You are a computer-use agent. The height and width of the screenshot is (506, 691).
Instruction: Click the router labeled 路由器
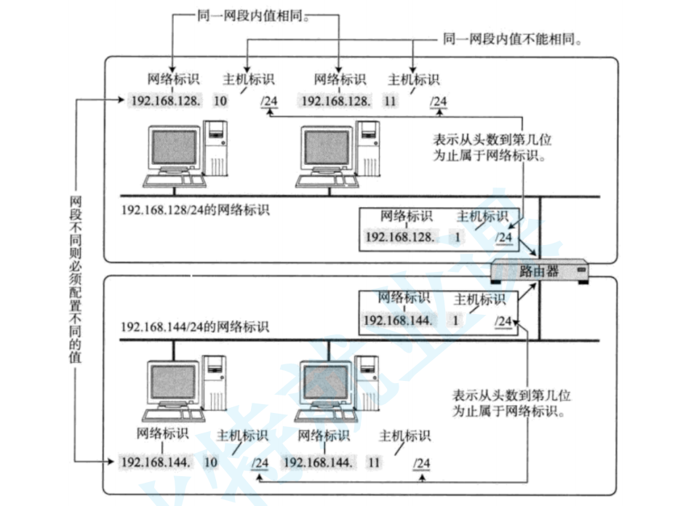pyautogui.click(x=539, y=271)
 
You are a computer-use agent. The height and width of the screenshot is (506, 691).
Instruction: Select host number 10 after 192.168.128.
pyautogui.click(x=220, y=100)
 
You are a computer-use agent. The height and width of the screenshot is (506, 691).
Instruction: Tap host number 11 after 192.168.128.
pyautogui.click(x=390, y=100)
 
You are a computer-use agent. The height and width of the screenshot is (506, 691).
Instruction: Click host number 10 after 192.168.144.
pyautogui.click(x=211, y=462)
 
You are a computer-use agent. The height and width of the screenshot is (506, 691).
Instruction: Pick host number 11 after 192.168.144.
pyautogui.click(x=375, y=462)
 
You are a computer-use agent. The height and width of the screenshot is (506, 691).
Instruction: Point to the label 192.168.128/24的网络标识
pyautogui.click(x=195, y=211)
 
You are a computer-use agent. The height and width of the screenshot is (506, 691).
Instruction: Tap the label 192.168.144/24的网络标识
pyautogui.click(x=195, y=326)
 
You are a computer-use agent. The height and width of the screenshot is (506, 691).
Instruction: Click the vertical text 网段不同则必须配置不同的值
pyautogui.click(x=76, y=279)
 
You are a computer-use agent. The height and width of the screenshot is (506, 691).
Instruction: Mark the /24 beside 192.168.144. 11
pyautogui.click(x=421, y=462)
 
